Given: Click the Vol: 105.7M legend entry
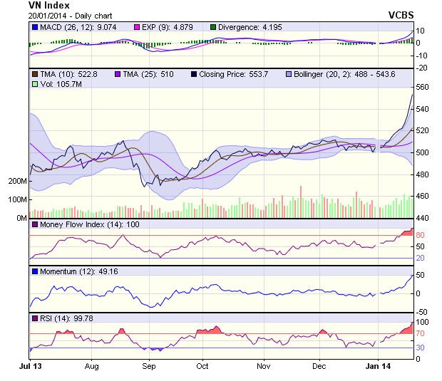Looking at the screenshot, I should click(54, 84).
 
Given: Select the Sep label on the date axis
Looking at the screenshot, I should click(148, 366).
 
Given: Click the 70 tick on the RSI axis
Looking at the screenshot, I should click(421, 333).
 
